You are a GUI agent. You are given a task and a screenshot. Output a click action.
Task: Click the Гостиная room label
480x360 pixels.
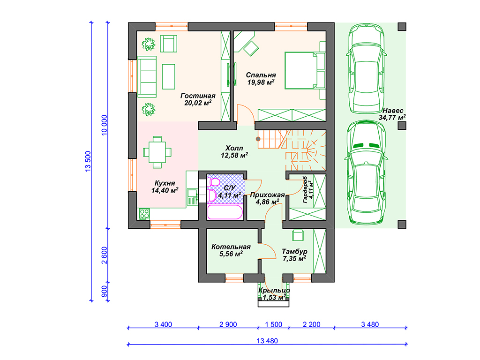pos(198,96)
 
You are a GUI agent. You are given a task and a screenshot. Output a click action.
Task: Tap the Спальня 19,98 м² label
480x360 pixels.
pos(261,79)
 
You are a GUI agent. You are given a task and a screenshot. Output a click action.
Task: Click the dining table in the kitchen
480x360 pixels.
pos(157,152)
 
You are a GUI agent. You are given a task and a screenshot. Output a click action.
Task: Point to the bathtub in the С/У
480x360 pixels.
pos(225,212)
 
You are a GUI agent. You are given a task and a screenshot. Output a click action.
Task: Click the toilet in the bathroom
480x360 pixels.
pos(214,183)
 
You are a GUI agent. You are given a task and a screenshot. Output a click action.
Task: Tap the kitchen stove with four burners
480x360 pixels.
pos(144,214)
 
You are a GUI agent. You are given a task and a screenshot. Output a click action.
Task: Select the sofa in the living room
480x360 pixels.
pos(147,76)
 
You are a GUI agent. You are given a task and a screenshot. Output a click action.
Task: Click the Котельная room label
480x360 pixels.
pos(231,247)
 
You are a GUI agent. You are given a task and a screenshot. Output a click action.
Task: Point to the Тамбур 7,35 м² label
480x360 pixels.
pos(294,255)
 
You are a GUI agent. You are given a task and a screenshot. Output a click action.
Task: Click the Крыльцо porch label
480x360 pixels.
pos(274,290)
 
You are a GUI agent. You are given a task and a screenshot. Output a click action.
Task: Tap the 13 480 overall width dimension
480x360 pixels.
pos(267,341)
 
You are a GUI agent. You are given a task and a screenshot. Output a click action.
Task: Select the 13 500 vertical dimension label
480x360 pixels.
pos(88,161)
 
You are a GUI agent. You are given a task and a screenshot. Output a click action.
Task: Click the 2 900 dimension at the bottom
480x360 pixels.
pos(228,324)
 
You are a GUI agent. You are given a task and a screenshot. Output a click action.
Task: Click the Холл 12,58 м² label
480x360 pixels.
pos(234,152)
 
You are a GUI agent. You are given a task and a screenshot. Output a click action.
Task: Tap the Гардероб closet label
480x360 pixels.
pos(305,190)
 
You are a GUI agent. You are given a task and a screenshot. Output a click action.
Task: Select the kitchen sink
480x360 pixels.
pos(192,193)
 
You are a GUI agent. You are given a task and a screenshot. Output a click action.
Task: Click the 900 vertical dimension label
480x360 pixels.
pos(104,291)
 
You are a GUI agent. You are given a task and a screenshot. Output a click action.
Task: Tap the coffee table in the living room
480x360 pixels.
pos(168,76)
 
